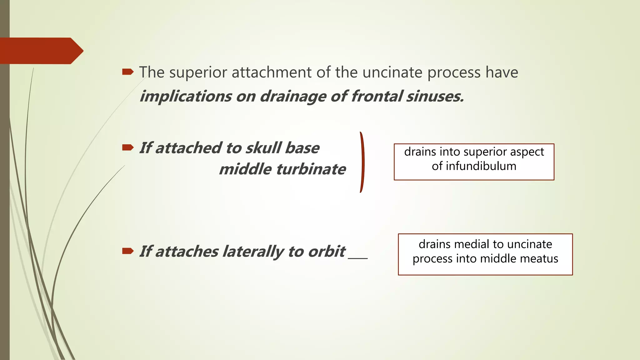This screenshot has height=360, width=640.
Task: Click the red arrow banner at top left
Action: (41, 51)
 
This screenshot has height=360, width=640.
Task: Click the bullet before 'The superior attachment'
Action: (127, 72)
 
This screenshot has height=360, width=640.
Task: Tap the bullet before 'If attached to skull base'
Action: (127, 147)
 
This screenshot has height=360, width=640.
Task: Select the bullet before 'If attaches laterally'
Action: (127, 251)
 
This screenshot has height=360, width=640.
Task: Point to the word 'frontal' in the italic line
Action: (376, 96)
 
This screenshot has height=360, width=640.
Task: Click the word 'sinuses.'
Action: (435, 96)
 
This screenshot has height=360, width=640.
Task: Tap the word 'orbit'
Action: (326, 251)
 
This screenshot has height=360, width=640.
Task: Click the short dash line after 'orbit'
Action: (358, 258)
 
